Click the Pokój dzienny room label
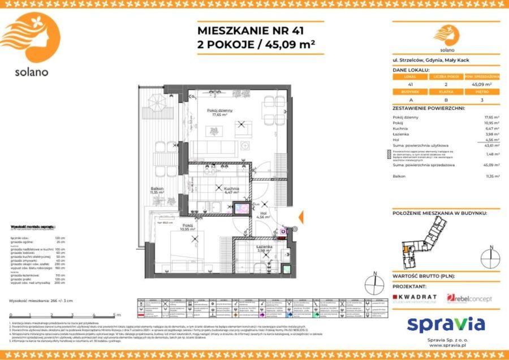pos(219,112)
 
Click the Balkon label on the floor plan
pos(157,190)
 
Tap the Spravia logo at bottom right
pos(446,324)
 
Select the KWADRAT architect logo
pos(414,298)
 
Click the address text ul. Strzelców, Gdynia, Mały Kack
pos(431,60)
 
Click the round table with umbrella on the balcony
pos(156,103)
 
